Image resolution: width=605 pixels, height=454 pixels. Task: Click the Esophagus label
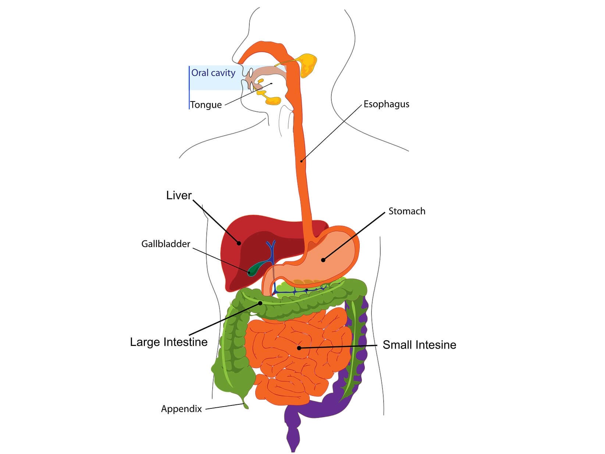tap(386, 104)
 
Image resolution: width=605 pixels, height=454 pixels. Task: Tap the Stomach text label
tap(407, 211)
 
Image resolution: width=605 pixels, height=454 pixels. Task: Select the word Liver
tap(179, 195)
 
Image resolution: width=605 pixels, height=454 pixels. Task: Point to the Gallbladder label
tap(166, 244)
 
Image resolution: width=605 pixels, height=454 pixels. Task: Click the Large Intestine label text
tap(169, 342)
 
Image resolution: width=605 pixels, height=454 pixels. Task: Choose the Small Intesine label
tap(419, 345)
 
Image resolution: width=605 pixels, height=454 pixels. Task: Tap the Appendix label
tap(181, 409)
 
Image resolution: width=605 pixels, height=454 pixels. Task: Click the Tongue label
tap(206, 105)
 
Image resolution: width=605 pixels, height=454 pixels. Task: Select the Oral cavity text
tap(213, 73)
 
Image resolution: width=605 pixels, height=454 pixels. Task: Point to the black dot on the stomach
tap(323, 260)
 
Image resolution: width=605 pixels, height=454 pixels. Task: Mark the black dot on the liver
tap(239, 243)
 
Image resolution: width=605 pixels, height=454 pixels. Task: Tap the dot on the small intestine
tap(299, 348)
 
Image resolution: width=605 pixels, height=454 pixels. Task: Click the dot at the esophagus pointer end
tap(301, 161)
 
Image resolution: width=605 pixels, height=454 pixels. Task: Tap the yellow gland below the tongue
tap(272, 100)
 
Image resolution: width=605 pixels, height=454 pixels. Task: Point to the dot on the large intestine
tap(260, 303)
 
